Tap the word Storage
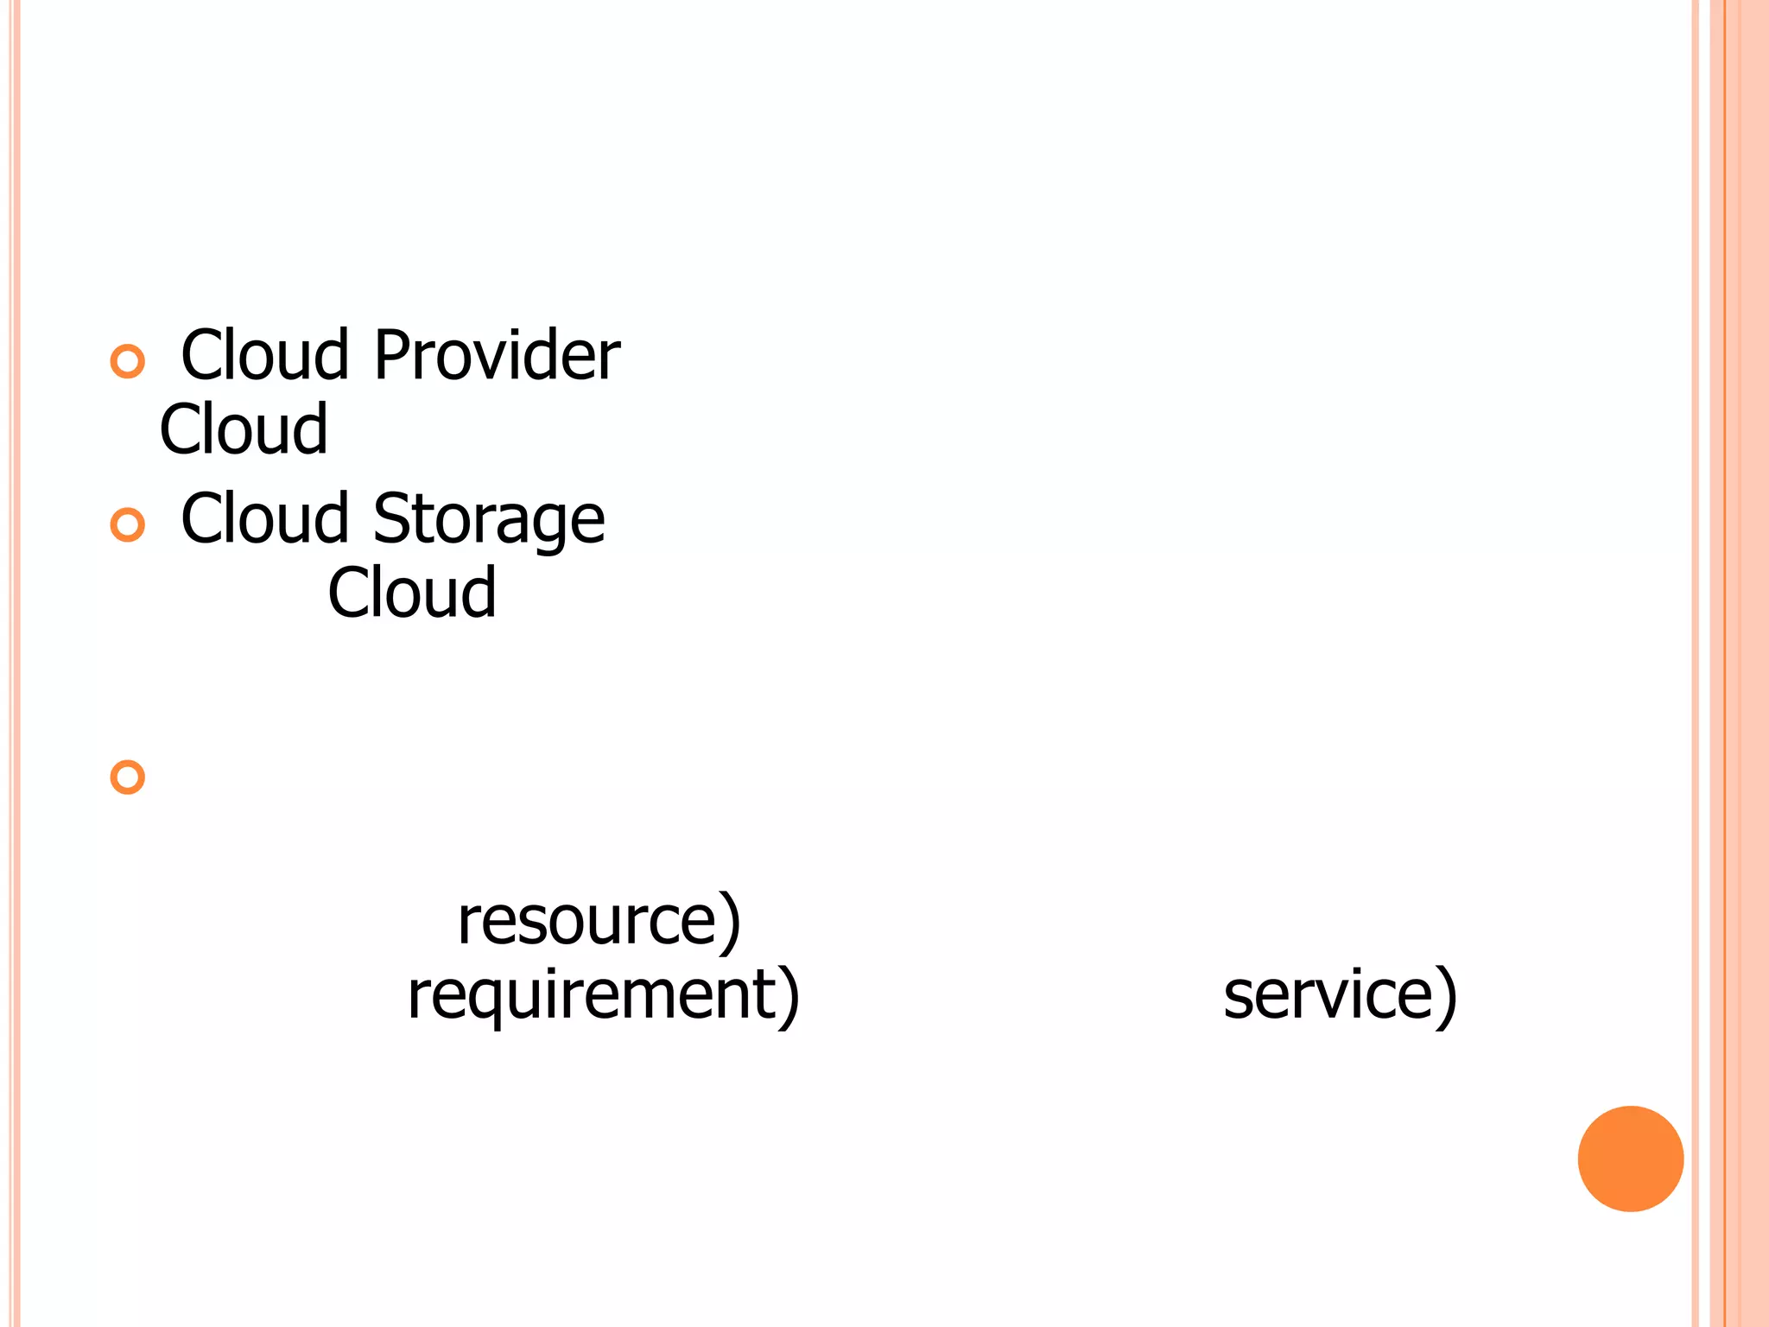coord(488,518)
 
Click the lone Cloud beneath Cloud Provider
coord(244,429)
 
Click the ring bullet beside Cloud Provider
coord(128,361)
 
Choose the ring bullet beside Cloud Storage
coord(128,524)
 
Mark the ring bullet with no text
coord(128,777)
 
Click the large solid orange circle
coord(1630,1159)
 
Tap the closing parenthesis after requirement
coord(789,997)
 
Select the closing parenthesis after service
coord(1447,997)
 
